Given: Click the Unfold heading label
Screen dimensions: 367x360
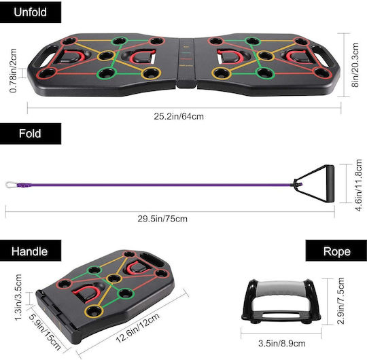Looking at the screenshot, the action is pyautogui.click(x=30, y=12).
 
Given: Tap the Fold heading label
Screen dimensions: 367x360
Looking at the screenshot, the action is pyautogui.click(x=30, y=133).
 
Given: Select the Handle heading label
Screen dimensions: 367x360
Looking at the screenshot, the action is pyautogui.click(x=29, y=251).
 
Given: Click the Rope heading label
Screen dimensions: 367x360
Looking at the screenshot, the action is pyautogui.click(x=337, y=251).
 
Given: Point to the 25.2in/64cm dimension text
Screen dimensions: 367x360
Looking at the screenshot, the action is pyautogui.click(x=179, y=117).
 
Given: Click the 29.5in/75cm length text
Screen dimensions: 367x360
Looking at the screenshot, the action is pyautogui.click(x=162, y=219).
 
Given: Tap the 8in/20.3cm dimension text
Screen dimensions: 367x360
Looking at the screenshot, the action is pyautogui.click(x=355, y=65).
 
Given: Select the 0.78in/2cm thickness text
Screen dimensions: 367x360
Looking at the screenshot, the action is pyautogui.click(x=14, y=71).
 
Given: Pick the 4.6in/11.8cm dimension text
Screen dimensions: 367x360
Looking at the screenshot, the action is pyautogui.click(x=359, y=185).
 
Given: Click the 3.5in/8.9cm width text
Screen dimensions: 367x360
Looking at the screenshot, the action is pyautogui.click(x=282, y=344).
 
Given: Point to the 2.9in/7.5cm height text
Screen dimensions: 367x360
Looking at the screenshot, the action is pyautogui.click(x=340, y=301).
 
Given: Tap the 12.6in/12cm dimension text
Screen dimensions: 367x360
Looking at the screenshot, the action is pyautogui.click(x=138, y=328).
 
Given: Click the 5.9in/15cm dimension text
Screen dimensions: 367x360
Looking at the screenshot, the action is pyautogui.click(x=44, y=331).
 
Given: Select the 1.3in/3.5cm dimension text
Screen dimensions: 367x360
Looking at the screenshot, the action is pyautogui.click(x=18, y=297).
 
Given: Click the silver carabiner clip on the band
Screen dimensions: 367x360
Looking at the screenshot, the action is pyautogui.click(x=12, y=185).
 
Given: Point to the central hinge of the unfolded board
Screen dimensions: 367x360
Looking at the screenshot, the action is pyautogui.click(x=186, y=63).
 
